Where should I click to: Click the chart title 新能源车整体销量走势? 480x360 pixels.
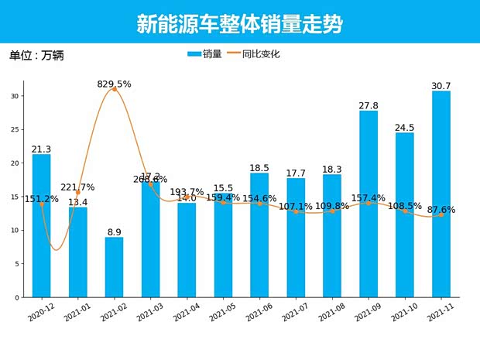pyautogui.click(x=239, y=24)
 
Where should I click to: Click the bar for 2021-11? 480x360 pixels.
pyautogui.click(x=441, y=194)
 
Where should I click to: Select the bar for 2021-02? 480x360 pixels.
pyautogui.click(x=114, y=267)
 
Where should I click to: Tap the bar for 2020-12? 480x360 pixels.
pyautogui.click(x=41, y=225)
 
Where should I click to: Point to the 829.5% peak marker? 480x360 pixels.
pyautogui.click(x=115, y=89)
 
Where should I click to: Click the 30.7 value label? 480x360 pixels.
pyautogui.click(x=441, y=85)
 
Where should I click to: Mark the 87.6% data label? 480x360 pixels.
pyautogui.click(x=441, y=209)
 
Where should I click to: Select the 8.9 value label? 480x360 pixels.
pyautogui.click(x=114, y=231)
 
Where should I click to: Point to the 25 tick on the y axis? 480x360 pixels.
pyautogui.click(x=17, y=129)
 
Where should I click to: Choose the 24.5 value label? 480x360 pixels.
pyautogui.click(x=405, y=127)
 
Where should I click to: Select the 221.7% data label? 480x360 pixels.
pyautogui.click(x=77, y=187)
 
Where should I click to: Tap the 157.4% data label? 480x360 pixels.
pyautogui.click(x=369, y=197)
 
